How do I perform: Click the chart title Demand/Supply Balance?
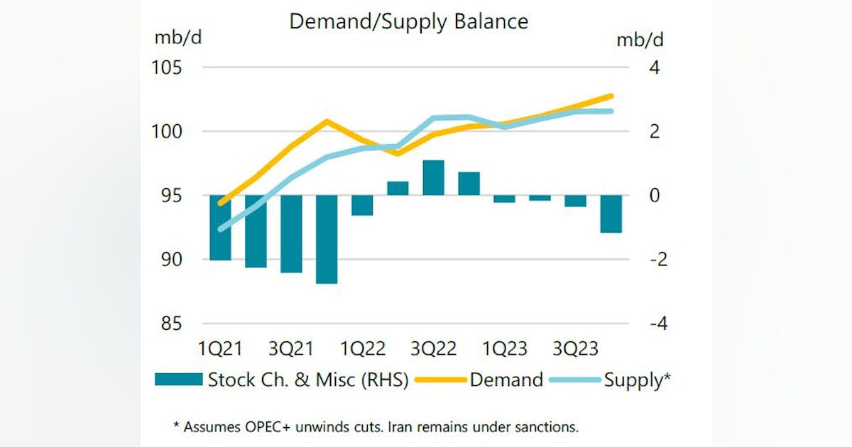(408, 21)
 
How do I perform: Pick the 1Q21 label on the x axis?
(221, 349)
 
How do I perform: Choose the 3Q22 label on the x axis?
(433, 349)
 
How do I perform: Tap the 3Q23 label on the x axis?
(575, 349)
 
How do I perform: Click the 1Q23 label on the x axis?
(504, 349)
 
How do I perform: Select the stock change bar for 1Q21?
(221, 227)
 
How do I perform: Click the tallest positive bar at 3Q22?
(433, 177)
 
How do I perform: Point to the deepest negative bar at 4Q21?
(327, 239)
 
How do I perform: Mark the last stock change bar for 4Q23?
(611, 214)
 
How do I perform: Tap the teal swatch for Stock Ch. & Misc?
(178, 380)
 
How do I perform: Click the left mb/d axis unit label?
(178, 38)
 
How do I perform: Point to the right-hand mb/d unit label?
(640, 40)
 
